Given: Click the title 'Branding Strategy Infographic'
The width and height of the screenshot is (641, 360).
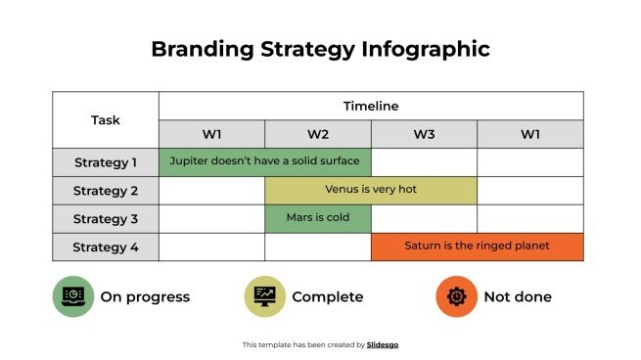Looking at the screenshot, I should pos(320,49).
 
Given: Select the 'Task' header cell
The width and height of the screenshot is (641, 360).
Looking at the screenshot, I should pos(106,120).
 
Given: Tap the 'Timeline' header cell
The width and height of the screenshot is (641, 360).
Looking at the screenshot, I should pos(371,106).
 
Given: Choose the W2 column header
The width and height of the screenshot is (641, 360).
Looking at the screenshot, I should pos(318,134).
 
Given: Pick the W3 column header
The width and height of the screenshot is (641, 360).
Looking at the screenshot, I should pos(424,134).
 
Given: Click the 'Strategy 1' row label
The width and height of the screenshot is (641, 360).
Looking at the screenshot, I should pos(106,162).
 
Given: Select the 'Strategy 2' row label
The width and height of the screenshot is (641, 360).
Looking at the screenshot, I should pos(106,191).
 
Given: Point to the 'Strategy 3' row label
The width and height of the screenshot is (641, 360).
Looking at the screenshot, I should pos(106,219).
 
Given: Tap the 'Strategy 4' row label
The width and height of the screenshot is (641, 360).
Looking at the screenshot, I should pos(106,247).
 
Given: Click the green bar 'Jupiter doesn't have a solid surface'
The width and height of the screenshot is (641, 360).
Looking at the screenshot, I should pos(265,161).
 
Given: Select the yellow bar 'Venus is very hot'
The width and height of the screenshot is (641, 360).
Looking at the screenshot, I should pos(371,190).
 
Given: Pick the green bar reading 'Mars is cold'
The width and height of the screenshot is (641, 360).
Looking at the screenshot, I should pos(318,218).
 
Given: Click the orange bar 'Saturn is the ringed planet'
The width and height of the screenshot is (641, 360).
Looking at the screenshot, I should pos(478,247).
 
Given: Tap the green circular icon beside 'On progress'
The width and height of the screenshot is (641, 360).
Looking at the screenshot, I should pos(73,296).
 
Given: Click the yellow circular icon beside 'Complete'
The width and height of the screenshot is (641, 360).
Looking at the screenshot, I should pos(264,296).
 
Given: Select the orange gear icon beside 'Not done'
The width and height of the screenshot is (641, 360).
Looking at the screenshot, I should pos(456,296).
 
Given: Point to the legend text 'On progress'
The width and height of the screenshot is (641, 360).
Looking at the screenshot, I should pos(145,296).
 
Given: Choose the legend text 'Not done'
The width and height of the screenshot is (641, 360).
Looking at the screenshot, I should pos(518,296).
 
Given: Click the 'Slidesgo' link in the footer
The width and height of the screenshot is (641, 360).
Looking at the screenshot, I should pos(383,344).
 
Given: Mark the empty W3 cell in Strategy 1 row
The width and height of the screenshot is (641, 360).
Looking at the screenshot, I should pos(424,162).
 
